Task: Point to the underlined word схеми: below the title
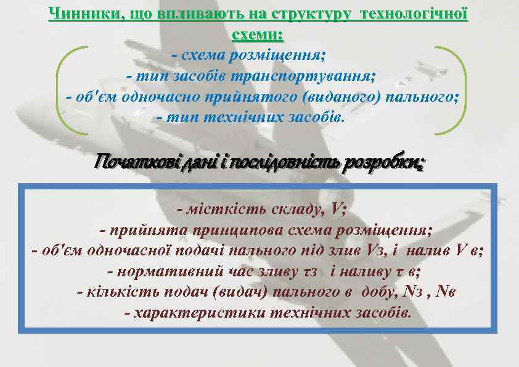[x=258, y=34]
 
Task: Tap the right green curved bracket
[x=456, y=90]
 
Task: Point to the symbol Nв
[x=446, y=292]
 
